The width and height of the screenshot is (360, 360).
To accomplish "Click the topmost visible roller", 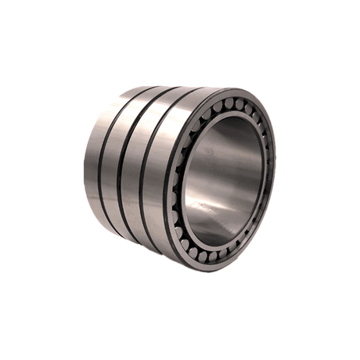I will pos(229,104).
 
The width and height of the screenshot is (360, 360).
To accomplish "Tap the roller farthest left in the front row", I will pos(179,180).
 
